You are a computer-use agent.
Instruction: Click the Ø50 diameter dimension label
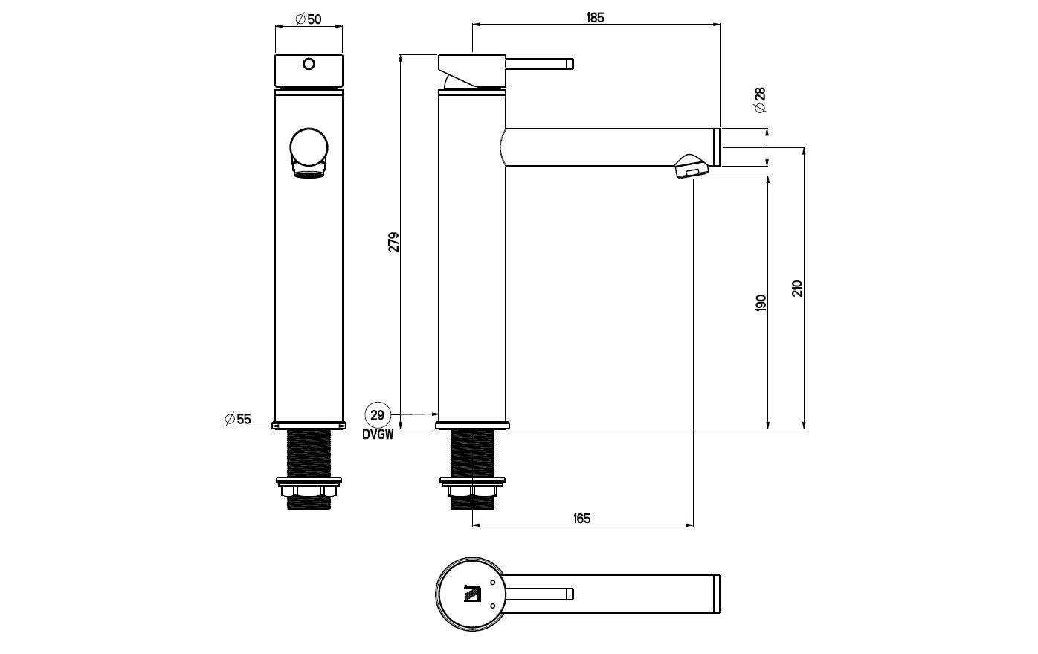(x=308, y=19)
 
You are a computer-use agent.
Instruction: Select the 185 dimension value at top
(x=596, y=18)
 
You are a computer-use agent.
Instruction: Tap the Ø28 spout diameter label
(x=760, y=100)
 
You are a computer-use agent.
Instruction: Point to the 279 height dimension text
(x=393, y=242)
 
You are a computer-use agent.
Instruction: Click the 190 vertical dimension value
(x=761, y=302)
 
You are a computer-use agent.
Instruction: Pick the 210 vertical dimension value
(x=796, y=289)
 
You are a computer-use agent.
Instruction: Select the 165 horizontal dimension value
(x=581, y=518)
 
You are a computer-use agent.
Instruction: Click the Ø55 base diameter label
(x=238, y=419)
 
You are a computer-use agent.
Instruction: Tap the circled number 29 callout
(x=378, y=414)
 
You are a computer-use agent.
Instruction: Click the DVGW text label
(x=378, y=435)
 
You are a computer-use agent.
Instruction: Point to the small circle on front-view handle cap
(x=309, y=64)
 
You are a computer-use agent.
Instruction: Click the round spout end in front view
(x=309, y=147)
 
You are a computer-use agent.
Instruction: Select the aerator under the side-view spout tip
(x=692, y=167)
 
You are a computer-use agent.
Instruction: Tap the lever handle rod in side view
(x=539, y=63)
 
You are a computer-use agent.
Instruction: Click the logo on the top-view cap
(x=472, y=594)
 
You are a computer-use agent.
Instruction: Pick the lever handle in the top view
(x=539, y=594)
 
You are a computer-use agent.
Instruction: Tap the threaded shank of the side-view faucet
(x=472, y=453)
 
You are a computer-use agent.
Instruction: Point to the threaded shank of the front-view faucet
(x=309, y=453)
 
